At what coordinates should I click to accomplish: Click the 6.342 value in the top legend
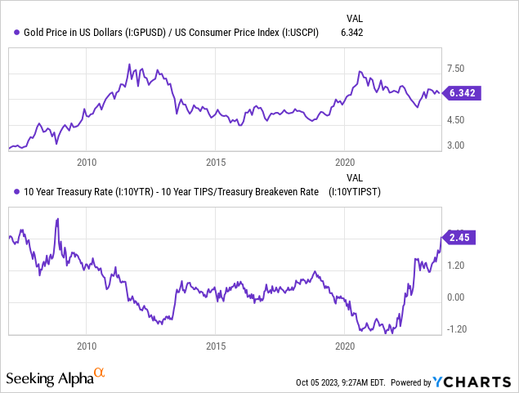point(354,32)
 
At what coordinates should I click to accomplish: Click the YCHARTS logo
point(475,382)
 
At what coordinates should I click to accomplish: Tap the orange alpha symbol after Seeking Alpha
point(99,374)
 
